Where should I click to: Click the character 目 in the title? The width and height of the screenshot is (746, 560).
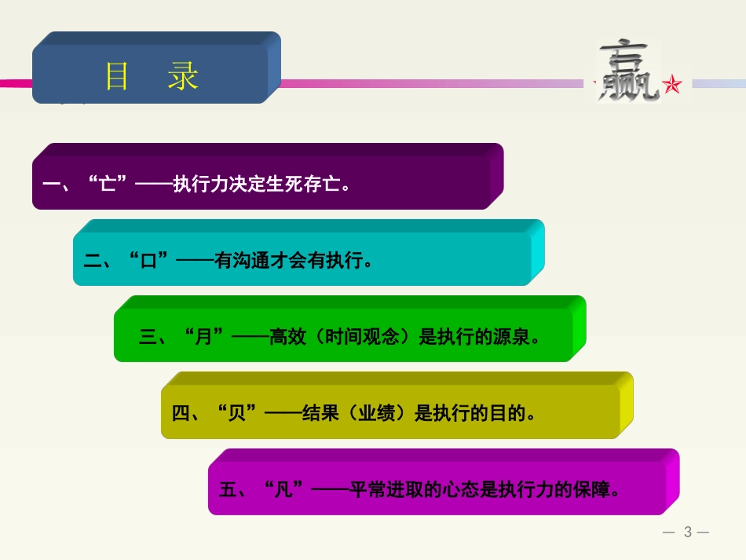(x=117, y=76)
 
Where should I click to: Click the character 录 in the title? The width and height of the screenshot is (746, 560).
(x=183, y=76)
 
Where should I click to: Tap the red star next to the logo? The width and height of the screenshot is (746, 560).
(x=672, y=85)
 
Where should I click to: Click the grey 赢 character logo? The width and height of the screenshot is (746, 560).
(x=627, y=71)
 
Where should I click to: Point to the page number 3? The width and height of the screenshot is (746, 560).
(x=688, y=532)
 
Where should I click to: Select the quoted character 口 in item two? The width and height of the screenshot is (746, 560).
(x=148, y=261)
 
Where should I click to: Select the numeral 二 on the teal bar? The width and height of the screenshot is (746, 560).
(x=92, y=261)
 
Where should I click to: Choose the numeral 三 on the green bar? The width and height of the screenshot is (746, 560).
(x=148, y=337)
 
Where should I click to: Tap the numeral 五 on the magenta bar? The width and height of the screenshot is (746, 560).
(x=228, y=490)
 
